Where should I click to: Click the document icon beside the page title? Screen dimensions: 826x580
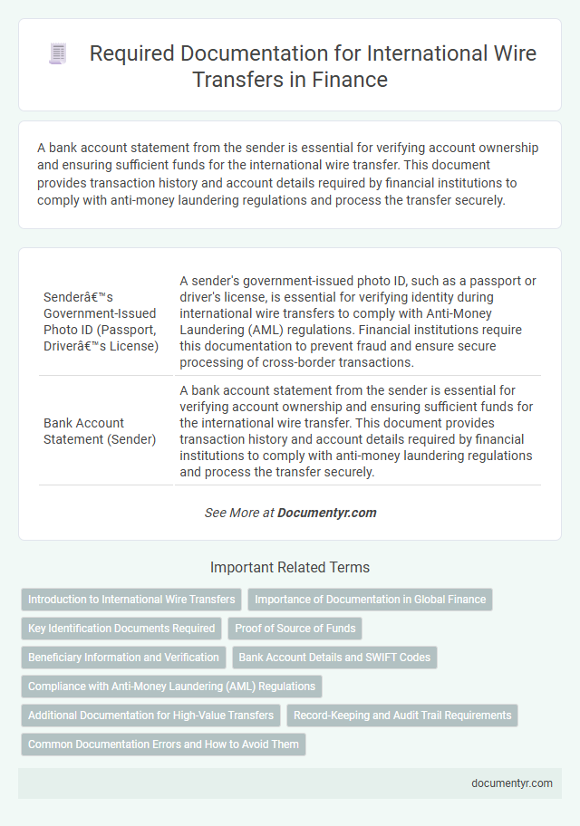pyautogui.click(x=56, y=54)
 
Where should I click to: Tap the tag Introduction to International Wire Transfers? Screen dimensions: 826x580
pyautogui.click(x=132, y=600)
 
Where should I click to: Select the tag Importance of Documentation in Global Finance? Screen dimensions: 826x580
pyautogui.click(x=370, y=600)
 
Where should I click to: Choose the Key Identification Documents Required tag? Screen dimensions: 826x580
pyautogui.click(x=121, y=629)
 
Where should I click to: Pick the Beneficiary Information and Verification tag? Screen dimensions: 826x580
pyautogui.click(x=123, y=658)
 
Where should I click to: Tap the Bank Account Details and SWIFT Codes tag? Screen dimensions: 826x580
pyautogui.click(x=334, y=658)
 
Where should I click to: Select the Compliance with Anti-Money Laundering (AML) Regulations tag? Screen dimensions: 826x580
pyautogui.click(x=171, y=687)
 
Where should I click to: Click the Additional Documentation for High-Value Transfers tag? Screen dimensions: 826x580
pyautogui.click(x=150, y=716)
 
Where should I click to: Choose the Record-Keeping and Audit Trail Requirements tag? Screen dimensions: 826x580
pyautogui.click(x=402, y=716)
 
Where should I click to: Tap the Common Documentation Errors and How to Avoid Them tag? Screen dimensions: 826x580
pyautogui.click(x=163, y=744)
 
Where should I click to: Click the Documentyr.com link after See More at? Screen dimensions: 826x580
pyautogui.click(x=327, y=513)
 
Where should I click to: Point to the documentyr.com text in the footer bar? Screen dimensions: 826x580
pyautogui.click(x=511, y=783)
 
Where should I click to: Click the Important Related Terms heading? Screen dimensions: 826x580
pyautogui.click(x=290, y=568)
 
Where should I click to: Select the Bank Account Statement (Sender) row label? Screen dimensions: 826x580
pyautogui.click(x=99, y=431)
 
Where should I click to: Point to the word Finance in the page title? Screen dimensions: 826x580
pyautogui.click(x=351, y=80)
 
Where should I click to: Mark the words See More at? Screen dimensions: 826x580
pyautogui.click(x=238, y=513)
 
